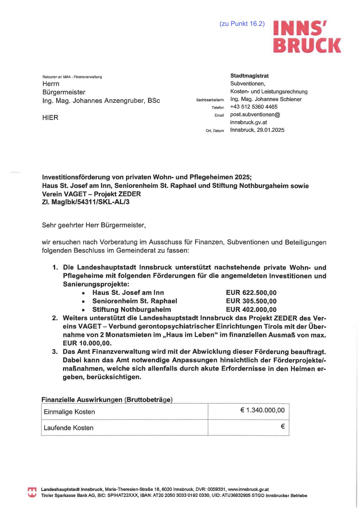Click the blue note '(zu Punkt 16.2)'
[242, 24]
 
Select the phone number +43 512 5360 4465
[254, 107]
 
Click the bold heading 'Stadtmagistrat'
[249, 76]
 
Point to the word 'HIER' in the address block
[50, 118]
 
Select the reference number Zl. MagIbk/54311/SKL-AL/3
[86, 202]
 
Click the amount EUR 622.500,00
[251, 293]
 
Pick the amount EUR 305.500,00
[251, 301]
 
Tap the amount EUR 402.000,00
[251, 310]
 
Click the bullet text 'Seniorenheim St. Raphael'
[135, 301]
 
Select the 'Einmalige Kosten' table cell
[125, 412]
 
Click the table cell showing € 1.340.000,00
[249, 411]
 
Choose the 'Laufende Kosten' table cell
[125, 428]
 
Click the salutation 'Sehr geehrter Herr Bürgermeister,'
[94, 225]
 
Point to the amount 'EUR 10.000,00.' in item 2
[87, 343]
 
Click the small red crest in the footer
[32, 492]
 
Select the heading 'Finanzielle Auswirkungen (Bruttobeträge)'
[107, 400]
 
